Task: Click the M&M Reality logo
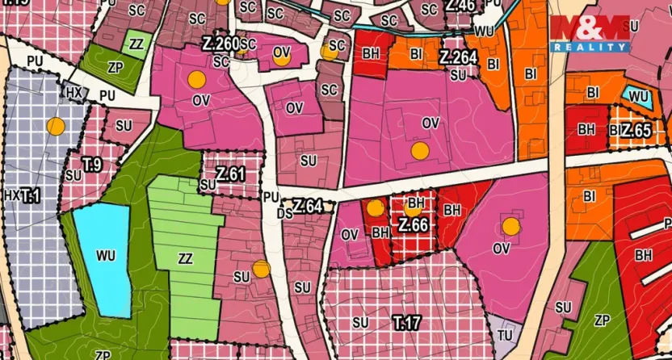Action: click(590, 32)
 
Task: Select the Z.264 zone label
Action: click(457, 58)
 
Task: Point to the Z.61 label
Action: click(230, 173)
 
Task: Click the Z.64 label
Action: click(308, 207)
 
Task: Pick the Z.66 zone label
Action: click(412, 225)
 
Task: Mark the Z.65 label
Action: click(636, 130)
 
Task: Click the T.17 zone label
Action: click(407, 324)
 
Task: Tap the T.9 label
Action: click(91, 165)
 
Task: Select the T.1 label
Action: click(29, 195)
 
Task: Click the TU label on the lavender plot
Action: click(506, 334)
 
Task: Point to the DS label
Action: click(283, 214)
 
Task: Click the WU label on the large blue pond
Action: click(105, 256)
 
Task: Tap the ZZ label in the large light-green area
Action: click(185, 259)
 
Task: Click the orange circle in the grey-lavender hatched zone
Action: click(55, 125)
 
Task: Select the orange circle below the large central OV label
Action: click(418, 150)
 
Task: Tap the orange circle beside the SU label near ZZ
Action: click(259, 268)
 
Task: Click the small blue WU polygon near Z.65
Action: click(638, 97)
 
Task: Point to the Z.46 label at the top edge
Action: click(460, 6)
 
